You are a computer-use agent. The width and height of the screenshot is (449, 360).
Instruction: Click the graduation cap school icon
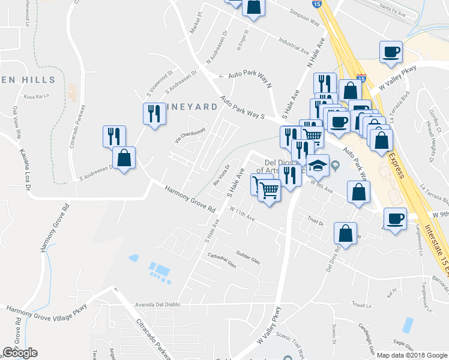coord(318,165)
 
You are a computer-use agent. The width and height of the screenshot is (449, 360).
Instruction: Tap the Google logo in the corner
coord(20,353)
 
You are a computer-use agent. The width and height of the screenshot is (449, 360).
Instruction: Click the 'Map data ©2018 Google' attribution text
coord(412,355)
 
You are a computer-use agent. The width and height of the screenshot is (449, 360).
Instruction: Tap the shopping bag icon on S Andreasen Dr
coord(124,159)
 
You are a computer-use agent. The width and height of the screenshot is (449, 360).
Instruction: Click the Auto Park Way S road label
coord(242,107)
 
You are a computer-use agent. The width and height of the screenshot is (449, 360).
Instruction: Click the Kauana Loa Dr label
coord(25,170)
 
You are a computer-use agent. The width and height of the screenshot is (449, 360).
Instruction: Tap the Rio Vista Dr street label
coord(221,175)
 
